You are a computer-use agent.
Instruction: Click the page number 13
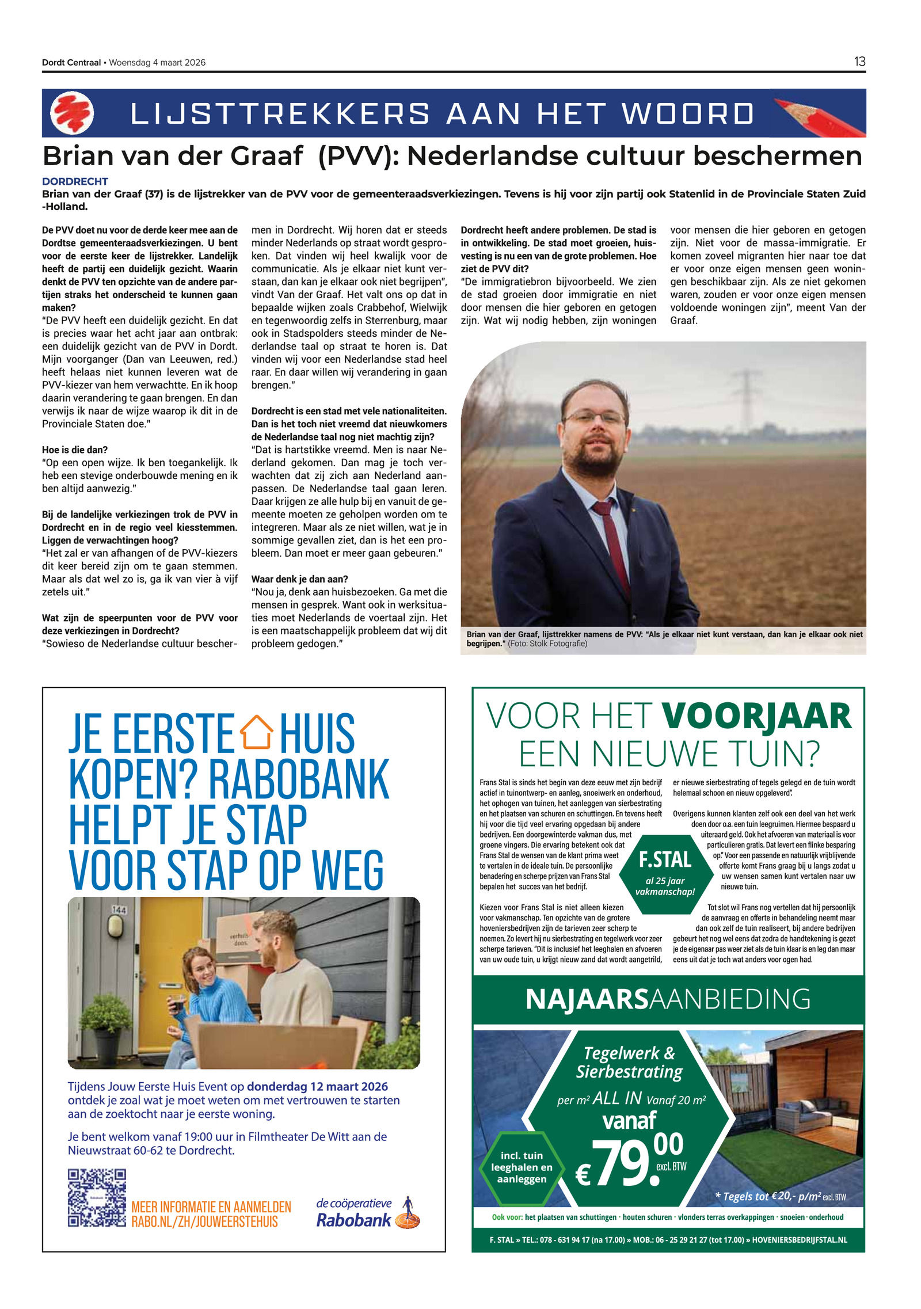(x=859, y=62)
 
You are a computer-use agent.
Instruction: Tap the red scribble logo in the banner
(x=72, y=113)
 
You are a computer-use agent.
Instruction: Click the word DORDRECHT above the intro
(x=75, y=181)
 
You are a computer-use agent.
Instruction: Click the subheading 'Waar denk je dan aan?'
(x=299, y=579)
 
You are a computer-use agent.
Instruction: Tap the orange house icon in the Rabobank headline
(x=257, y=732)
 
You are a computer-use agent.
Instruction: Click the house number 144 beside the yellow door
(x=119, y=910)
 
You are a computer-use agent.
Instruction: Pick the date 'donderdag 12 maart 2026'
(x=317, y=1086)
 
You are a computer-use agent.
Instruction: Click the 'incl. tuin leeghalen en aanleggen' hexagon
(x=522, y=1167)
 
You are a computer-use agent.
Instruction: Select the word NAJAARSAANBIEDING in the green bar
(x=668, y=999)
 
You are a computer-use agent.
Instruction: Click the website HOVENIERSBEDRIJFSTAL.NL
(x=800, y=1240)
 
